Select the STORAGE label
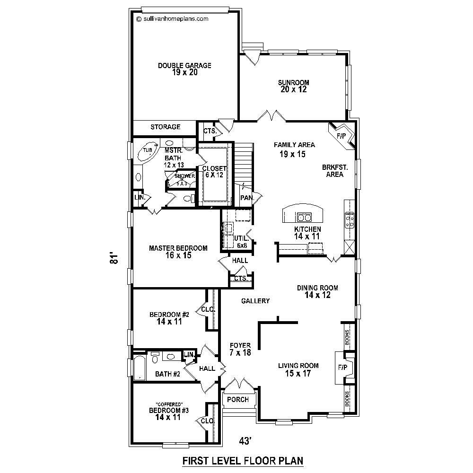tap(165, 127)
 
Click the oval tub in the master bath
tap(148, 151)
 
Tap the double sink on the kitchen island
tap(304, 218)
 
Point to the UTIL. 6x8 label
tap(241, 242)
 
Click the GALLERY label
tap(255, 301)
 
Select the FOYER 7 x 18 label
tap(240, 349)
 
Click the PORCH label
tap(238, 400)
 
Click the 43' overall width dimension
tap(244, 441)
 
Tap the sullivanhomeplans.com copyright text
tap(172, 19)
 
